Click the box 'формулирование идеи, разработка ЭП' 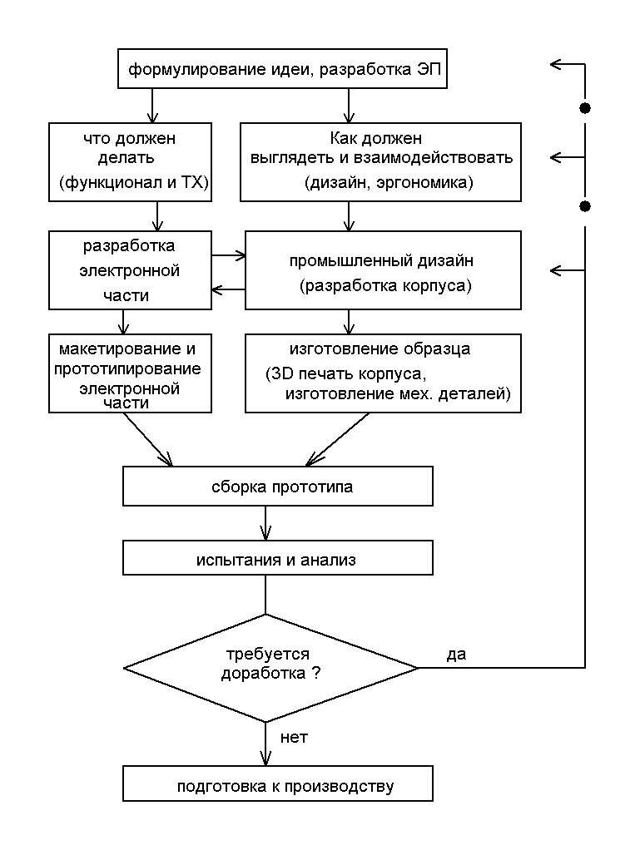pos(281,71)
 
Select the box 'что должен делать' pos(129,162)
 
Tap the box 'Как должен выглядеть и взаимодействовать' pos(380,162)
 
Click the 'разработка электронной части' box pos(129,270)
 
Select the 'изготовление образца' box pos(383,373)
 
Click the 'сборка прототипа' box pos(278,486)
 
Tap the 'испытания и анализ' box pos(278,558)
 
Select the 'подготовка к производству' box pos(278,785)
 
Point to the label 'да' pos(456,654)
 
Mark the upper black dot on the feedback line pos(585,108)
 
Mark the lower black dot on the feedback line pos(585,205)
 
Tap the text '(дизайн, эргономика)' pos(389,183)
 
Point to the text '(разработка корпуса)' pos(385,287)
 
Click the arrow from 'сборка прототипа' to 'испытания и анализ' pos(265,523)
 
